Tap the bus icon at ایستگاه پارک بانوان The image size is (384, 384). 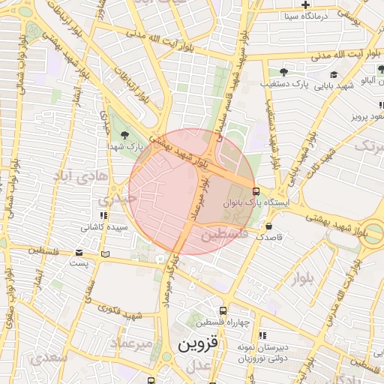(256, 190)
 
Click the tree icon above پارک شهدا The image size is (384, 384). (124, 134)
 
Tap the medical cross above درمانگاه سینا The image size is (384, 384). (306, 4)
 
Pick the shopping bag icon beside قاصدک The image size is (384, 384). (268, 226)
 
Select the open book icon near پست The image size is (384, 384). (105, 254)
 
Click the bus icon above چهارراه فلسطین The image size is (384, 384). (223, 310)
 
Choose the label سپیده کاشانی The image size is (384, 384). (106, 227)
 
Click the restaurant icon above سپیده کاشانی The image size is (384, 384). (103, 216)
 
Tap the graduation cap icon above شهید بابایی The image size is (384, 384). (333, 75)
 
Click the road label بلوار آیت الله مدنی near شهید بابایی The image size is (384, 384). (320, 55)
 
